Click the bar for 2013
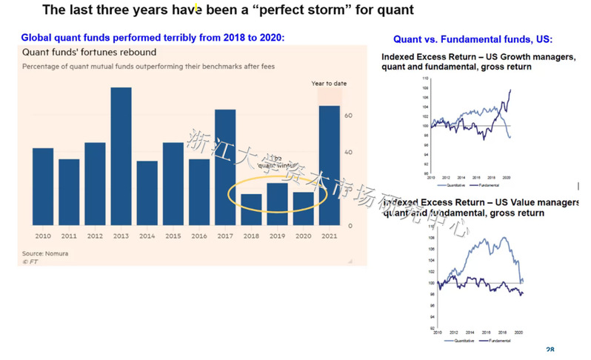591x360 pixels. click(121, 156)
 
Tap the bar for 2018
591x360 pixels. click(251, 209)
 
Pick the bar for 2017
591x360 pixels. click(225, 167)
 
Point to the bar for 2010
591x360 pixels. click(43, 187)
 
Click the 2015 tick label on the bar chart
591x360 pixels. click(173, 236)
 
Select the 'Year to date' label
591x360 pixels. click(328, 84)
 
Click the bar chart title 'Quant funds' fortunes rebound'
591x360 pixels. click(89, 53)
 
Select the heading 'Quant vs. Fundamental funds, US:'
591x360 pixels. click(473, 39)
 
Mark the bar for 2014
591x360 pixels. click(147, 193)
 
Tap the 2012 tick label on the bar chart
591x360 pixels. click(95, 236)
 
